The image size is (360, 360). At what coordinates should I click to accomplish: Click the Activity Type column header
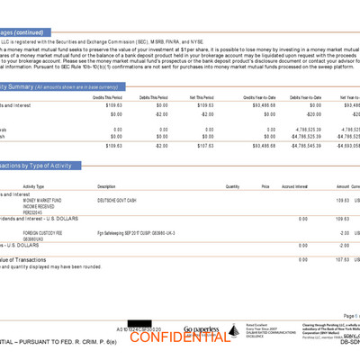pos(40,186)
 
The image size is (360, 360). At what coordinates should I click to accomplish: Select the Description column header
pos(107,186)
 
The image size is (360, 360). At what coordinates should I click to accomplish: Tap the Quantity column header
pos(232,186)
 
